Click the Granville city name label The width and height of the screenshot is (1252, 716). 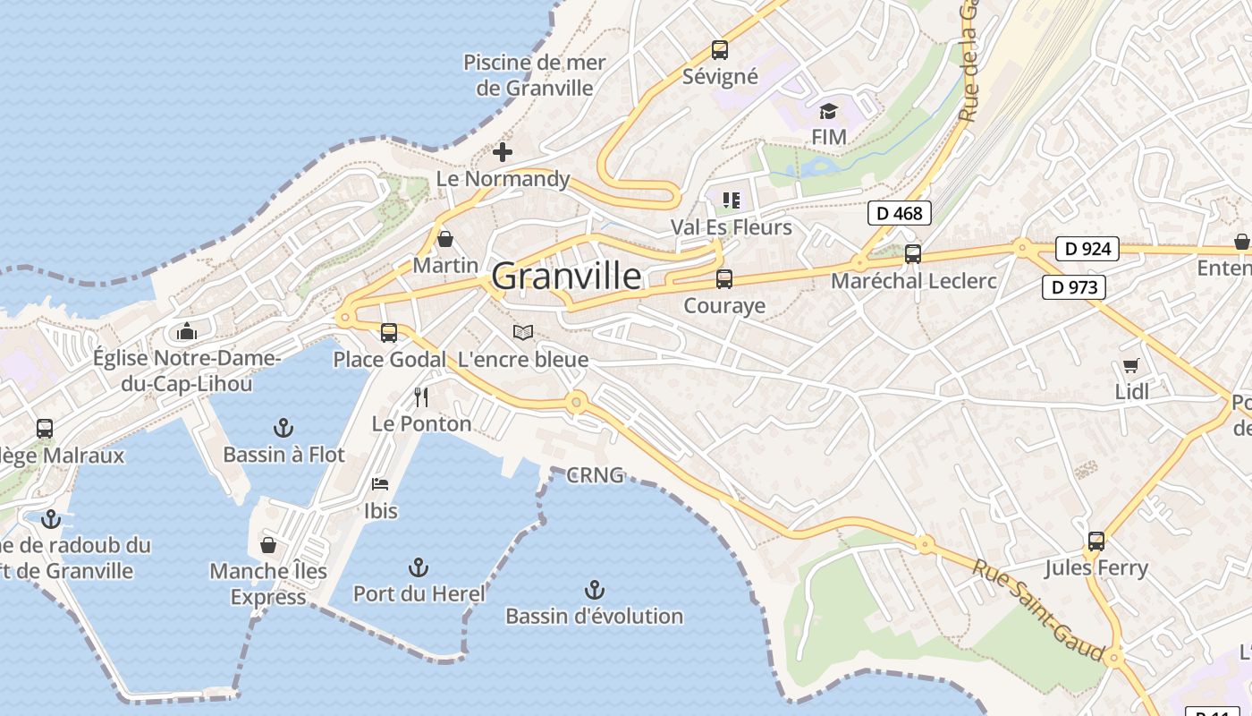point(566,277)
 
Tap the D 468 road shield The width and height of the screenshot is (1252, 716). point(900,213)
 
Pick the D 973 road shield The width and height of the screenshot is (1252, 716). point(1074,287)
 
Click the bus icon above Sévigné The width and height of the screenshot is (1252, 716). point(719,50)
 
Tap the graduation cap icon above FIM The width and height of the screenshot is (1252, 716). point(829,112)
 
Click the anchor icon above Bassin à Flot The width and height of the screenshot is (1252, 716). point(283,428)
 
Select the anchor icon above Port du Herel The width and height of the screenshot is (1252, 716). point(418,567)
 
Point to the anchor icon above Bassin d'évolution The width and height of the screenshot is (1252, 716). point(594,590)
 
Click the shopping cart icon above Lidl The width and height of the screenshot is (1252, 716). point(1131,365)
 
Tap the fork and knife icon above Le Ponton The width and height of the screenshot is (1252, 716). point(421,397)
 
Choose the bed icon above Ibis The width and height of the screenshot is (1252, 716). point(380,484)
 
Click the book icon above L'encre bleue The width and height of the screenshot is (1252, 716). point(522,333)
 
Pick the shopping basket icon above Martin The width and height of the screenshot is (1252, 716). point(445,239)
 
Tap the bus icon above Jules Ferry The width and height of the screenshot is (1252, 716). point(1096,541)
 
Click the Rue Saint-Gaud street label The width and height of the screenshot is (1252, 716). point(1040,609)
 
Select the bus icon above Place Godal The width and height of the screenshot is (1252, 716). point(389,333)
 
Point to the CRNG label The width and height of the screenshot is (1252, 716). point(595,475)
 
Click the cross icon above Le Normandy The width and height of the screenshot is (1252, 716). point(503,152)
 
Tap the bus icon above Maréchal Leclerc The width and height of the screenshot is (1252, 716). point(913,254)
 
